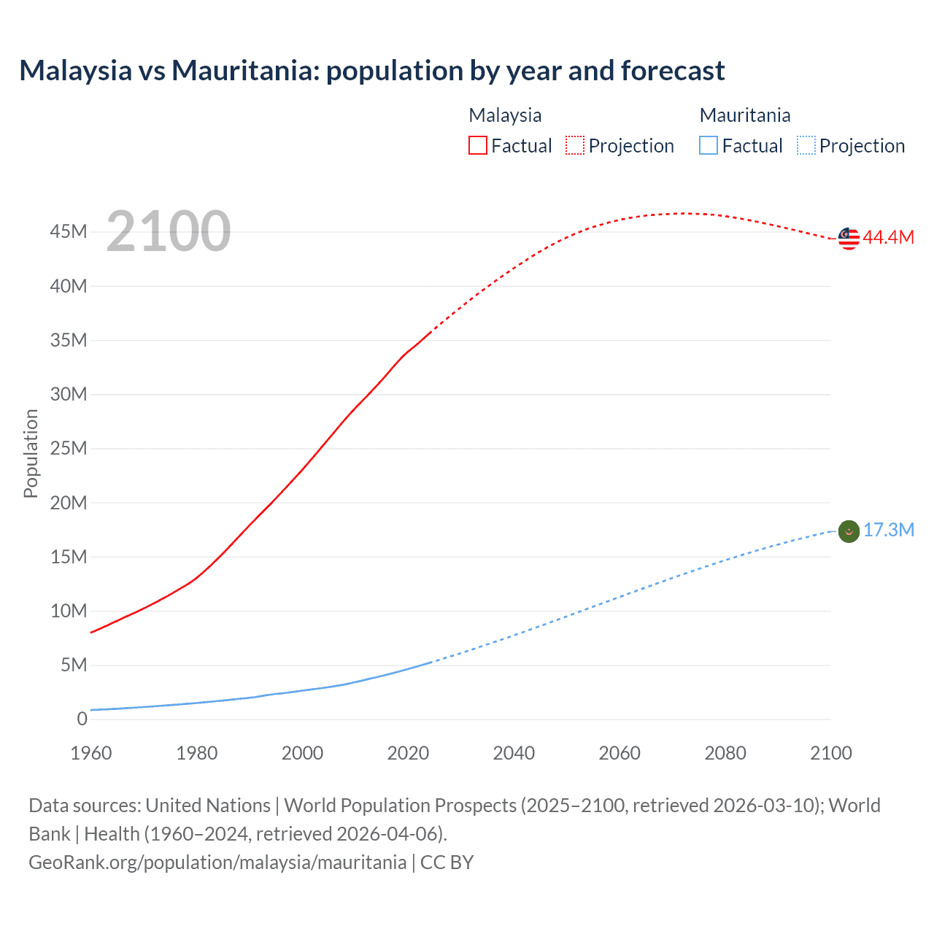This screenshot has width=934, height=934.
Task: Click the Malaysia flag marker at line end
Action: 849,238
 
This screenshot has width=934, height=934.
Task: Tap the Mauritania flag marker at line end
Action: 849,531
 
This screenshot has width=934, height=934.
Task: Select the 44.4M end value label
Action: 888,237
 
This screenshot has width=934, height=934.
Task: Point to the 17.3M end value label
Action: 888,530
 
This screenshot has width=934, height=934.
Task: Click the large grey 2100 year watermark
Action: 169,231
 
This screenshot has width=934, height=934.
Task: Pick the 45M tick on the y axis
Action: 69,232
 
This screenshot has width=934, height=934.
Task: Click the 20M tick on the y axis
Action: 69,503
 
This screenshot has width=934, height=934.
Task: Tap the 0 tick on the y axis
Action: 82,719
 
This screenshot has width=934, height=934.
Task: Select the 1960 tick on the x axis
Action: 91,753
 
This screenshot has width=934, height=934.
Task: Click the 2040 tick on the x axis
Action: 514,753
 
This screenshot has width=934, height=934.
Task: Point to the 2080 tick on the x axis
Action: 725,753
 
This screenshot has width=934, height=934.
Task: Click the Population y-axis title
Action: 31,453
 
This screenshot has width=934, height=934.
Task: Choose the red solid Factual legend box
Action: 478,146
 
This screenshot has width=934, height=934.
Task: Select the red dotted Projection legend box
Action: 575,146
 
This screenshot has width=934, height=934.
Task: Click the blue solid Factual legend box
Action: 709,146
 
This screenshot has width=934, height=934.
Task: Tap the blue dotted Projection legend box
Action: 806,146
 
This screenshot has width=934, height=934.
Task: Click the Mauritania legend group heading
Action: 745,115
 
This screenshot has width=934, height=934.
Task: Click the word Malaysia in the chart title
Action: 75,71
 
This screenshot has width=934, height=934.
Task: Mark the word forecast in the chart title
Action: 672,71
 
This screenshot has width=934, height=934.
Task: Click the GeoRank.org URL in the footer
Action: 217,862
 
